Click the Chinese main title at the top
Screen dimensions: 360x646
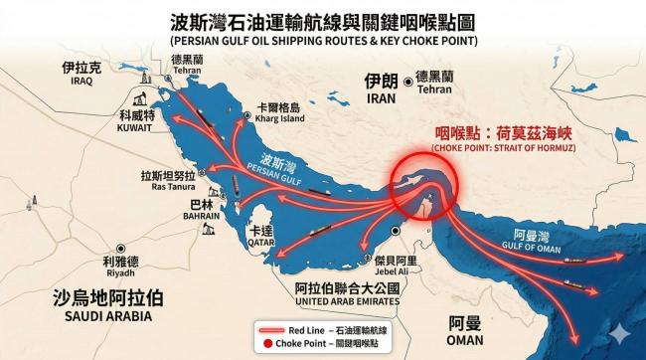pyautogui.click(x=323, y=21)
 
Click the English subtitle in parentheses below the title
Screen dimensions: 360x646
pyautogui.click(x=323, y=42)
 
